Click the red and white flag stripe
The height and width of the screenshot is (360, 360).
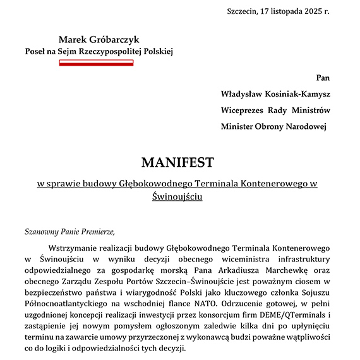pos(96,63)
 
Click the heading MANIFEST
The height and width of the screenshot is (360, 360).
pos(177,162)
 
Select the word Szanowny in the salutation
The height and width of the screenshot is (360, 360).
pos(44,231)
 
